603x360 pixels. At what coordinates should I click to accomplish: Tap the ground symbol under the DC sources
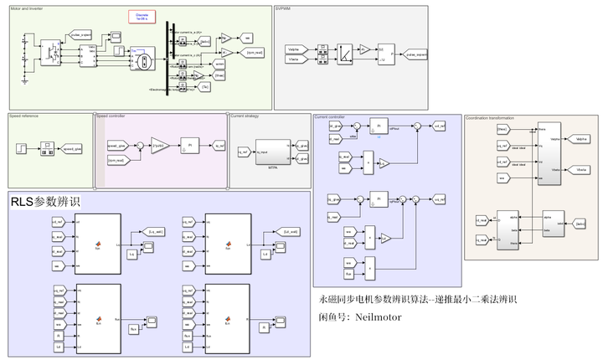coord(27,78)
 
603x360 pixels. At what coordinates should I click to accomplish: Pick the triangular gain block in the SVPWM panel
coord(365,50)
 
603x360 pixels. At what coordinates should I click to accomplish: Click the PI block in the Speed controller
coord(190,145)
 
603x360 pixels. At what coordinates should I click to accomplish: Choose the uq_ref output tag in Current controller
coord(439,199)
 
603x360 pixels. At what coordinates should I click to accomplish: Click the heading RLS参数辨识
coord(46,203)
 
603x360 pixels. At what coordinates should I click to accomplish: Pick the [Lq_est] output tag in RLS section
coord(157,229)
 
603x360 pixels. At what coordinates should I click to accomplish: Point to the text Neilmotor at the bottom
coord(379,317)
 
